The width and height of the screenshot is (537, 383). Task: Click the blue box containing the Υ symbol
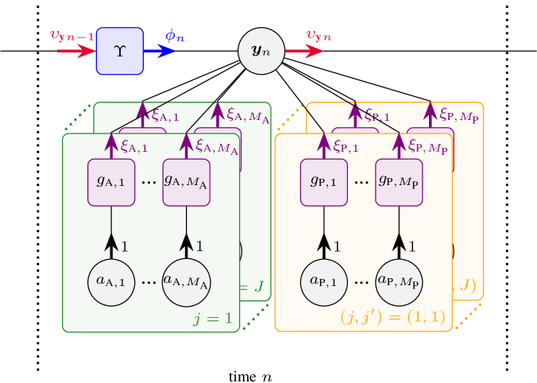[x=120, y=51]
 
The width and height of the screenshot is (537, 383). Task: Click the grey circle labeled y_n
[x=261, y=51]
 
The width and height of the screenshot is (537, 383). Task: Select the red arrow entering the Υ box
[x=76, y=51]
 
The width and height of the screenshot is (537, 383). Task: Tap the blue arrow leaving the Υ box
[x=160, y=51]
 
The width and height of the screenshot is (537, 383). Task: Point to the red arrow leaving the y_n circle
[x=304, y=51]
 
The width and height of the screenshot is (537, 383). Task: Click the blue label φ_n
[x=175, y=36]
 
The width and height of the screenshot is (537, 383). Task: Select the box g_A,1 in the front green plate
[x=111, y=182]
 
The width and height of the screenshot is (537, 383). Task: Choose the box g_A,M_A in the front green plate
[x=186, y=182]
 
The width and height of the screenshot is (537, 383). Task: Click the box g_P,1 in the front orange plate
[x=324, y=182]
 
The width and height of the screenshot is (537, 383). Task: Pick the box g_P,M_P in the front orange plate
[x=399, y=182]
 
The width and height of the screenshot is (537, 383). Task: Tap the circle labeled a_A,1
[x=111, y=281]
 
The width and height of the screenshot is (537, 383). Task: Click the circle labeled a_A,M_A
[x=186, y=281]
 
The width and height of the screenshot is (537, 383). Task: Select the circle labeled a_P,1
[x=324, y=281]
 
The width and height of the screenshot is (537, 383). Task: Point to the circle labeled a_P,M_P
[x=399, y=281]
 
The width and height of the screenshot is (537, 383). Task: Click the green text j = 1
[x=213, y=319]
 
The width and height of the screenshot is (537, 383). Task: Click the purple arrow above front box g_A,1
[x=111, y=146]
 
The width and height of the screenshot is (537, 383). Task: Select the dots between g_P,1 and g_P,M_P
[x=361, y=182]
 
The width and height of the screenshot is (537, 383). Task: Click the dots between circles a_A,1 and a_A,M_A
[x=149, y=282]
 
